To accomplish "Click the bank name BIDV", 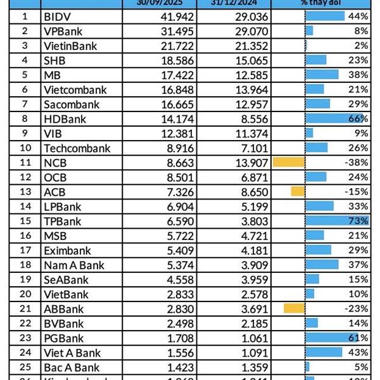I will (x=56, y=16).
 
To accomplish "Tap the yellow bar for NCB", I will (x=289, y=162).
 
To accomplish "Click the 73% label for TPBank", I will (x=358, y=220).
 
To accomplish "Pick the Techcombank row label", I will (x=77, y=148).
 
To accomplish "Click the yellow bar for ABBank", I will (x=294, y=308).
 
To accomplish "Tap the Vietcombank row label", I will (x=75, y=89).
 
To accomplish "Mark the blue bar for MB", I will (x=322, y=74).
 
